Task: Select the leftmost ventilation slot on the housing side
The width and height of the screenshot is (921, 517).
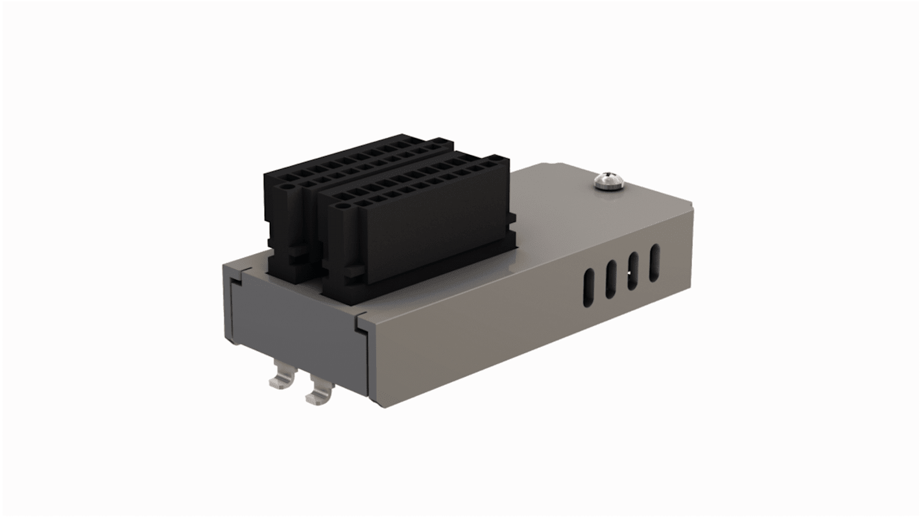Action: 589,290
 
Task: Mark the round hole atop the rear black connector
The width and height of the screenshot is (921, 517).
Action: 288,188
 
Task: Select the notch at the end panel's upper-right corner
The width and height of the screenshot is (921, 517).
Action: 361,323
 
